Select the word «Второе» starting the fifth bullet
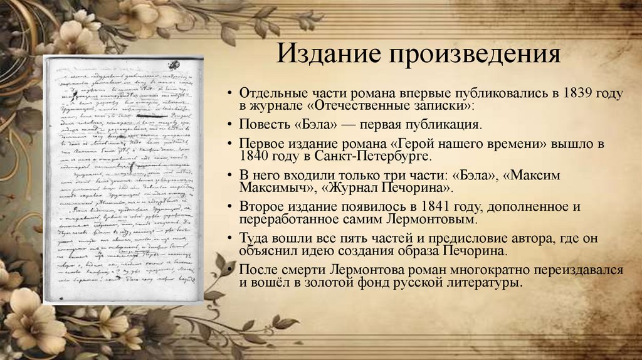[x=260, y=206]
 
